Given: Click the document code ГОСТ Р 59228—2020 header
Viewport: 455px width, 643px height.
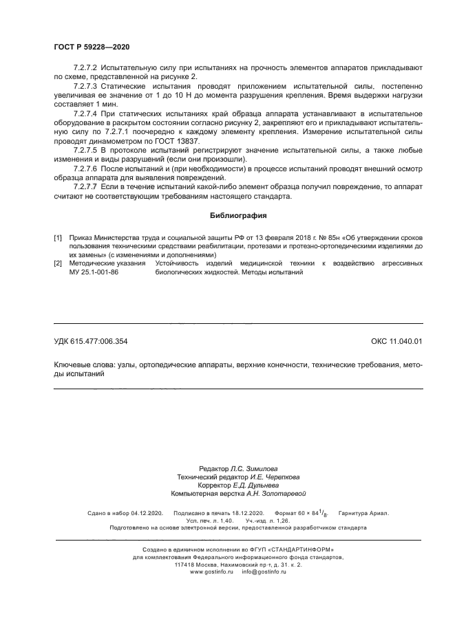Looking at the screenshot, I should point(92,47).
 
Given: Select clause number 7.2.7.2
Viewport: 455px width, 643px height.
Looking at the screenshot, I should point(87,69).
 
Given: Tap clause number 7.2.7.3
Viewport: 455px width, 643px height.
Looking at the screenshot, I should point(87,87).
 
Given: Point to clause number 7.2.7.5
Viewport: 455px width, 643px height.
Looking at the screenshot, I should point(87,150).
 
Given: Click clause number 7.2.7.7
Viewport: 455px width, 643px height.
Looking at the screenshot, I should point(87,186).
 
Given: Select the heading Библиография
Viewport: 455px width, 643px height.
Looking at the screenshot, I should point(238,215).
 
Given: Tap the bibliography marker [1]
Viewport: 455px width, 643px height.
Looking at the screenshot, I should point(59,237).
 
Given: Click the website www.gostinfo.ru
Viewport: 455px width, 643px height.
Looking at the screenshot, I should point(212,571).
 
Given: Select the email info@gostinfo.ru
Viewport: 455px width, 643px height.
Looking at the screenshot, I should point(264,571).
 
